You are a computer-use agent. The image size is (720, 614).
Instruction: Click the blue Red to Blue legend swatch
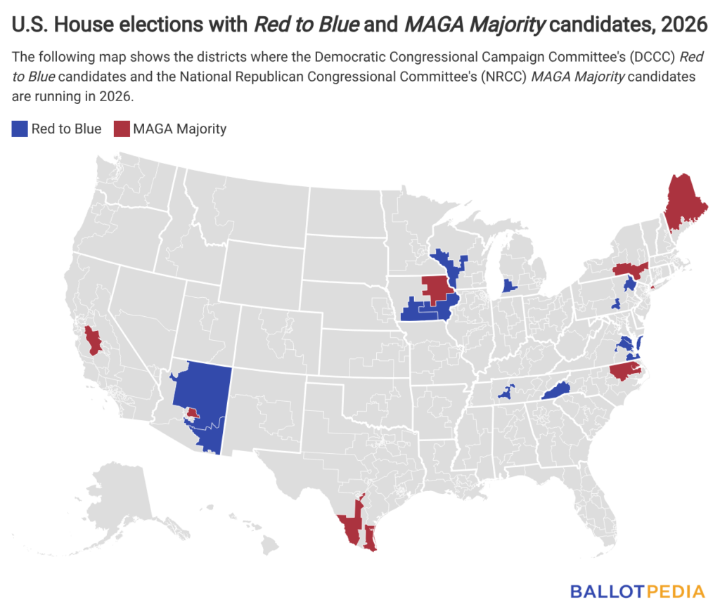click(20, 129)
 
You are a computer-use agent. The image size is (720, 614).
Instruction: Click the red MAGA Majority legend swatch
click(122, 129)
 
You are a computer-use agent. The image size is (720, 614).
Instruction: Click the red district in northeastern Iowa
click(436, 289)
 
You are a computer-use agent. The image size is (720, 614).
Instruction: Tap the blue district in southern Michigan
click(510, 286)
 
